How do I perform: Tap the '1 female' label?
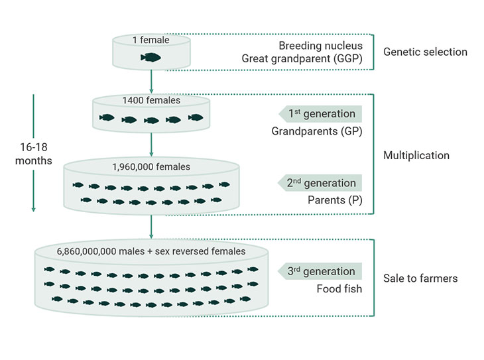coord(151,40)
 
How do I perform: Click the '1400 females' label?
coord(151,101)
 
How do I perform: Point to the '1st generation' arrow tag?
coord(321,113)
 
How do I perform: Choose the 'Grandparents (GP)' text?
coord(316,131)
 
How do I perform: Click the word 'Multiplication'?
coord(416,155)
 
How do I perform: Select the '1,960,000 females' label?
coord(151,166)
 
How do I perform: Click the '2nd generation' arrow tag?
coord(321,183)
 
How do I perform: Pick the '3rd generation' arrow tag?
coord(321,271)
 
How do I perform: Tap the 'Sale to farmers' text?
coord(420,278)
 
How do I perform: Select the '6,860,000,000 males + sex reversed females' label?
coord(151,251)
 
